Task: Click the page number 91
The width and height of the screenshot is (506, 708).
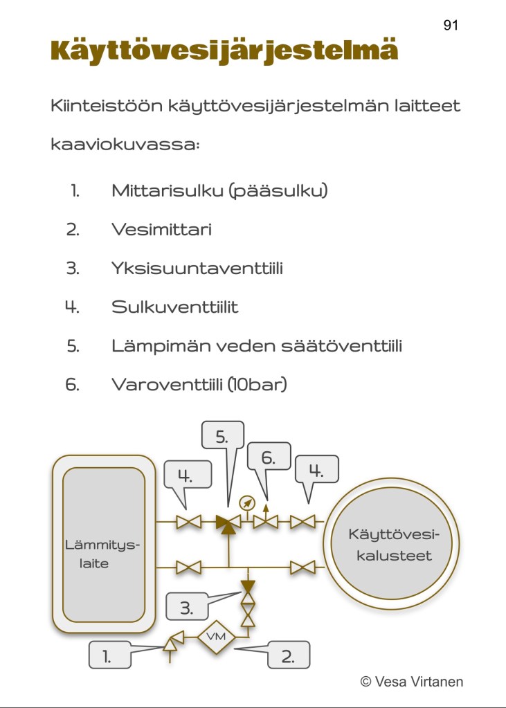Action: click(451, 25)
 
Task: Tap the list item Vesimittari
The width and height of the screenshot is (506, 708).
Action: click(161, 230)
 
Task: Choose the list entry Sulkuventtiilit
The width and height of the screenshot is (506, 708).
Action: click(174, 307)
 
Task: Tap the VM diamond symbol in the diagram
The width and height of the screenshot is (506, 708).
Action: click(217, 637)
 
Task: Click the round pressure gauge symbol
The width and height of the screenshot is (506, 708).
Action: click(246, 502)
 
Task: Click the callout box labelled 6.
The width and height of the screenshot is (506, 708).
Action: click(268, 457)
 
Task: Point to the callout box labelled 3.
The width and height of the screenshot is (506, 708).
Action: click(186, 608)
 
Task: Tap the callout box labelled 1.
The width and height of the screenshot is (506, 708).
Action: click(109, 655)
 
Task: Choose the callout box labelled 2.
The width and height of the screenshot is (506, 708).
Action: click(288, 655)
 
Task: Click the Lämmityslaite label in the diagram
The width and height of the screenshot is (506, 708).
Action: click(102, 554)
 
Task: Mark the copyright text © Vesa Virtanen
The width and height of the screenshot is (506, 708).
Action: click(412, 682)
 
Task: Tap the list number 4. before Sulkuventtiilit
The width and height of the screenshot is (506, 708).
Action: click(73, 307)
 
